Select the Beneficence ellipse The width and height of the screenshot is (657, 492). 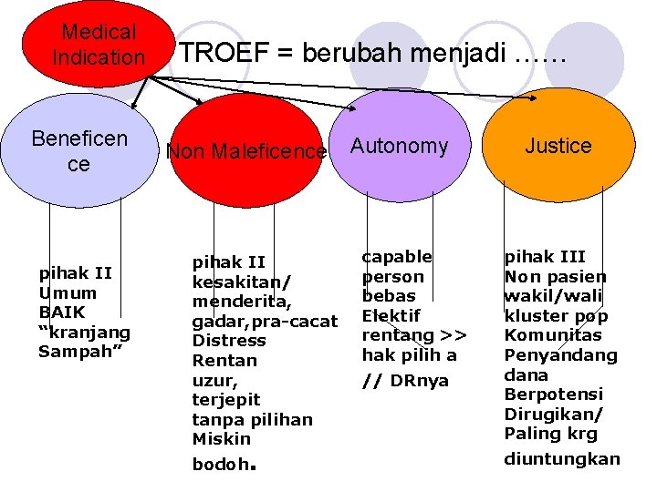point(79,151)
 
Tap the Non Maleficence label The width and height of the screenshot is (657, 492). point(245,151)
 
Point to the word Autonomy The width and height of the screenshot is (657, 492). point(400,146)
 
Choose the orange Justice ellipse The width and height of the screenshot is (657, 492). point(558,146)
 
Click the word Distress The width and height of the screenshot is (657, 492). point(229,341)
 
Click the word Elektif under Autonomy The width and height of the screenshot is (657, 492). point(391,315)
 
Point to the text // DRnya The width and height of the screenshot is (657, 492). point(405,380)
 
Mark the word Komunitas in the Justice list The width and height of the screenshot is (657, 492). point(551,335)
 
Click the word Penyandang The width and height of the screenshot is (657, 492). point(560,355)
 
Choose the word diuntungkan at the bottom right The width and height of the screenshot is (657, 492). point(561,458)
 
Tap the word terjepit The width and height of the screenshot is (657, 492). point(225,400)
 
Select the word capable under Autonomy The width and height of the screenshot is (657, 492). point(397,257)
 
